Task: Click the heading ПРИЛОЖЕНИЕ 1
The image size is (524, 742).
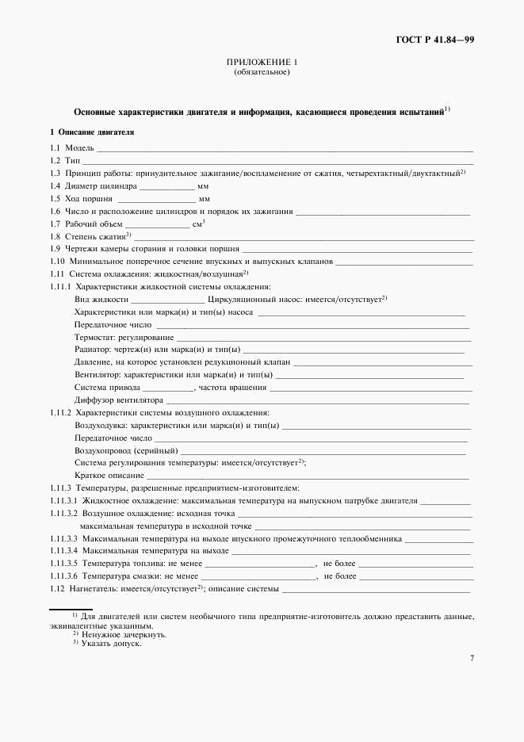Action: (x=262, y=62)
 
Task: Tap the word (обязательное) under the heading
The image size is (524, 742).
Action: (x=262, y=72)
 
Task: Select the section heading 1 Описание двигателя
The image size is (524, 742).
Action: (x=92, y=132)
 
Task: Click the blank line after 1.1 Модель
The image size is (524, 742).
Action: (x=285, y=149)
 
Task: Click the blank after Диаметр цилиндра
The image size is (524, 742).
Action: (x=167, y=186)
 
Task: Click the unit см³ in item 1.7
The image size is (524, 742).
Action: (x=198, y=224)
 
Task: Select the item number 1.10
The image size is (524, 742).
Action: (x=58, y=261)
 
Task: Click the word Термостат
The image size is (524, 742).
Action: (x=94, y=338)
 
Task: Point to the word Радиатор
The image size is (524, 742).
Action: (x=92, y=350)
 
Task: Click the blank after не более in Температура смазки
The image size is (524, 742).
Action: (x=415, y=576)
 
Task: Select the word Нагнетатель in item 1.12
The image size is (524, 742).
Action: (x=94, y=589)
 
